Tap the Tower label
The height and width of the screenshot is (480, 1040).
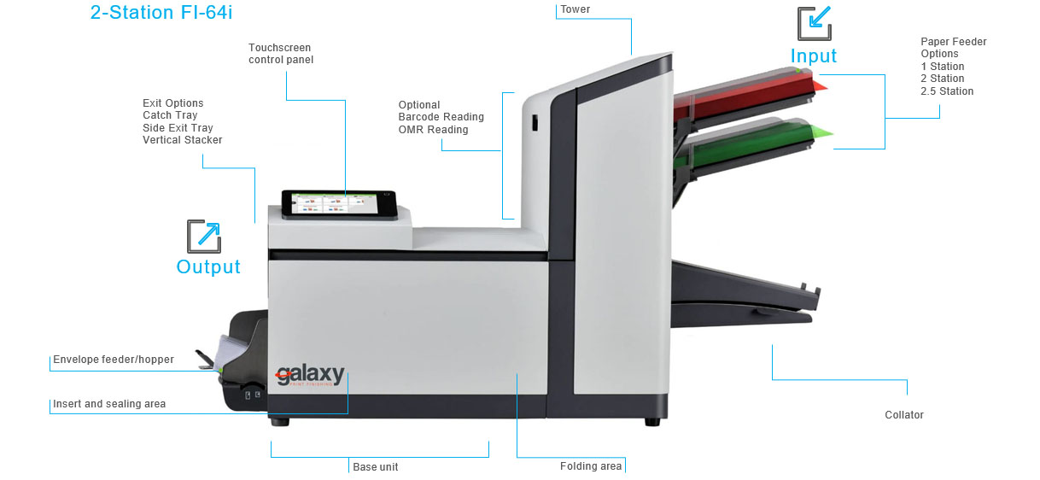(575, 9)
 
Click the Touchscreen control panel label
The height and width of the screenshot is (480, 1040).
(281, 54)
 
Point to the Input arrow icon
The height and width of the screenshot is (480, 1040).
(814, 23)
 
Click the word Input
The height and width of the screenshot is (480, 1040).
(813, 56)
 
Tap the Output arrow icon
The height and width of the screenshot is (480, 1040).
(204, 237)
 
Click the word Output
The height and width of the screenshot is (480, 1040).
(208, 267)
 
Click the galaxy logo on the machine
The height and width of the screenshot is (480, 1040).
(309, 376)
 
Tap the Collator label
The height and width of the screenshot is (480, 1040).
(904, 415)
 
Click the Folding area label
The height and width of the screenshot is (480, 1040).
(591, 466)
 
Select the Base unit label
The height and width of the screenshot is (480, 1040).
(376, 467)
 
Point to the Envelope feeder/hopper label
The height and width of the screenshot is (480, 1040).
(114, 360)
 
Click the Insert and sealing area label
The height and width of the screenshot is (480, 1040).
(109, 404)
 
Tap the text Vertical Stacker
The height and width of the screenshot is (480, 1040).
(182, 140)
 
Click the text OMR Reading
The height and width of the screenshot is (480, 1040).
(433, 130)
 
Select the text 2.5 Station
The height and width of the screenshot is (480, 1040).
(947, 91)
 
